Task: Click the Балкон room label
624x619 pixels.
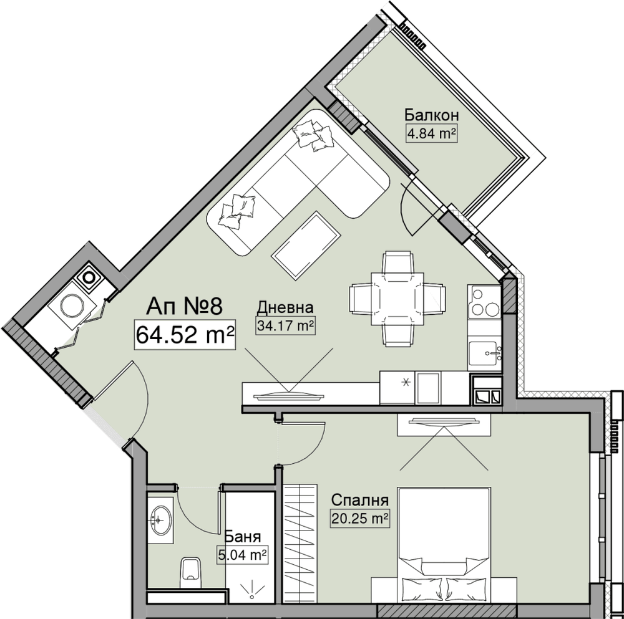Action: [x=431, y=115]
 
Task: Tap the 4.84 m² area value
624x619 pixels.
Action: [x=431, y=133]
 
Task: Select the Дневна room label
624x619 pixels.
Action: [x=285, y=307]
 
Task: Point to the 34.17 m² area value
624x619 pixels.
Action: [x=285, y=326]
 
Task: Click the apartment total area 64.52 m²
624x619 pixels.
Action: [x=185, y=335]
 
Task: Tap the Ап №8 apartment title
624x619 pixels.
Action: [x=183, y=306]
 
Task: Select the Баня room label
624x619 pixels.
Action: [x=242, y=536]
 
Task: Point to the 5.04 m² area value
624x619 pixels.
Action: [x=242, y=555]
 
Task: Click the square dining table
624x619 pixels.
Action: [x=397, y=299]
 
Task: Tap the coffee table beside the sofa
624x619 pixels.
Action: [x=306, y=246]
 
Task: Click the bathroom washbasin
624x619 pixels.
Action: [x=160, y=520]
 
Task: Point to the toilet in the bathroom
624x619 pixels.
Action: [x=190, y=572]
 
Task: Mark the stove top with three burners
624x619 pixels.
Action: [x=484, y=302]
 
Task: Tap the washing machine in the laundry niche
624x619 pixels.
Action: [x=72, y=305]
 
